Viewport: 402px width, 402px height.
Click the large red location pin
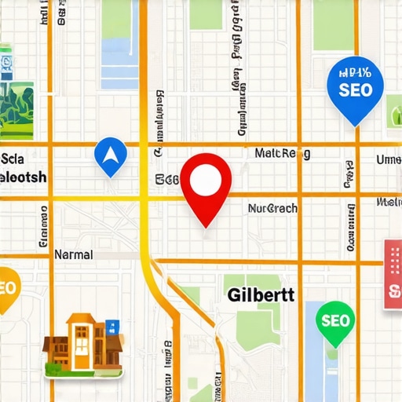click(x=206, y=185)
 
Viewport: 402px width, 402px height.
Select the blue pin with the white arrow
click(x=109, y=155)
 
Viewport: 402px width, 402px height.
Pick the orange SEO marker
click(x=6, y=287)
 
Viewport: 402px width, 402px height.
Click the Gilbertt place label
click(x=261, y=296)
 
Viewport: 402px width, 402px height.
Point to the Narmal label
click(x=73, y=255)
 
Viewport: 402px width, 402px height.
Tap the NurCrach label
click(x=272, y=209)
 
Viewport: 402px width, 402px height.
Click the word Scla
click(x=14, y=158)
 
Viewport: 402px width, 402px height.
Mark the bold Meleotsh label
click(x=24, y=176)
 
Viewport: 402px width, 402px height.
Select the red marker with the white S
click(x=392, y=275)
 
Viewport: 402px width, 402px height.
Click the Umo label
click(x=388, y=160)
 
